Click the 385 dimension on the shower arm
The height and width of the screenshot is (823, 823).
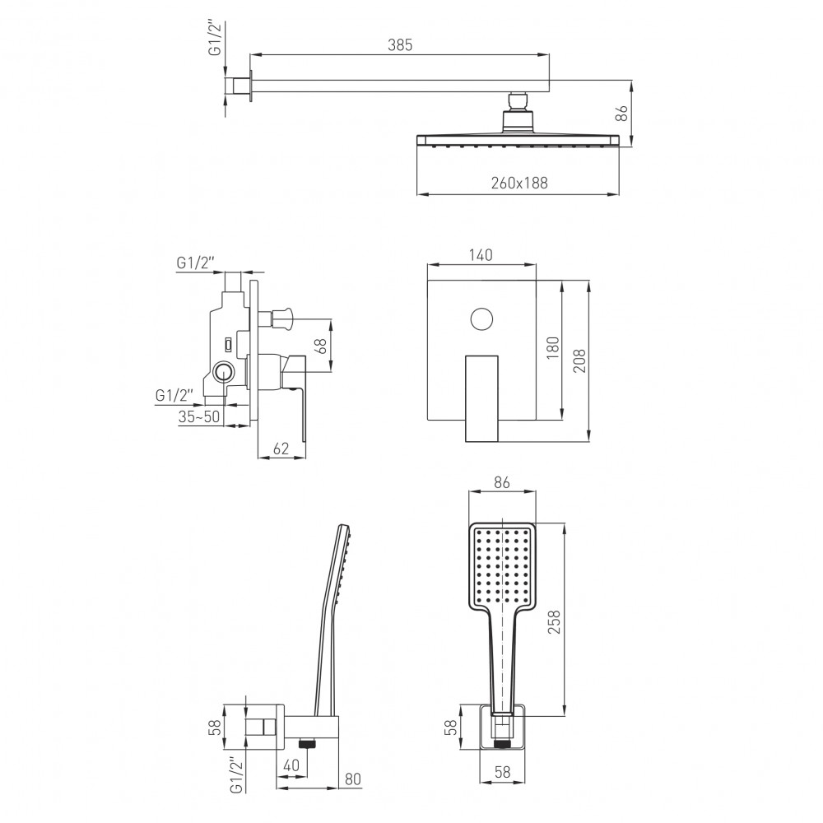[400, 45]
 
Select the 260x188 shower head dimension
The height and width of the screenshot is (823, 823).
[519, 183]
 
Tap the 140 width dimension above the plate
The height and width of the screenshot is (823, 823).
[481, 255]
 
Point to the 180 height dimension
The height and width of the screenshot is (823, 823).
[553, 348]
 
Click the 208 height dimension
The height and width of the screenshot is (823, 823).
[579, 360]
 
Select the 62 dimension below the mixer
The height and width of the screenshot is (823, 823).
[281, 449]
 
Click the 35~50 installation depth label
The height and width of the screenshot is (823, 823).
[199, 416]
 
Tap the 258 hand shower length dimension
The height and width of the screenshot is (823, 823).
[554, 621]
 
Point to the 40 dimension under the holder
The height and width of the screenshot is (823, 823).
[291, 765]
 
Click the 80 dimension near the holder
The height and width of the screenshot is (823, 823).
[353, 779]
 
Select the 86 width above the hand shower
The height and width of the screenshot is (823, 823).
[502, 482]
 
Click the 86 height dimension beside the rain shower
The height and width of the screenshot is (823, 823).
[621, 113]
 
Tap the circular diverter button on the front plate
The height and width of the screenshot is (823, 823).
[481, 319]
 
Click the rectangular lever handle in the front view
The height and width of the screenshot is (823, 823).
[481, 398]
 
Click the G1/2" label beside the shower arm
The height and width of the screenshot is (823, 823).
[216, 37]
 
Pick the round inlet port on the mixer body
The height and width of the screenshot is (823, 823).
[225, 372]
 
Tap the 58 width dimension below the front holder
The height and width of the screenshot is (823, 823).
[502, 772]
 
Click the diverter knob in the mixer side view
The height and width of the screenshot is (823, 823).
[282, 317]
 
